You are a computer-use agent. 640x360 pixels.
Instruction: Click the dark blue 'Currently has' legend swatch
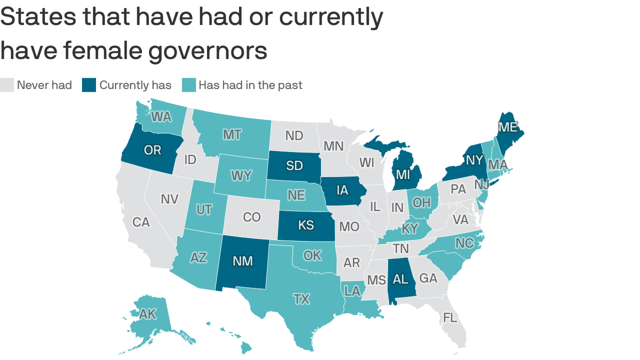click(x=89, y=85)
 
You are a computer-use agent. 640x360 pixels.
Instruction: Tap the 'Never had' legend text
click(x=44, y=85)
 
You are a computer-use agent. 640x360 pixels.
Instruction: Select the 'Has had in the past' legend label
click(x=250, y=85)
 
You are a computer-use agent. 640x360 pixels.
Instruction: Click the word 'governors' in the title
click(x=208, y=50)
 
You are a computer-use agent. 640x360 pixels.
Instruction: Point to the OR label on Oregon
click(x=152, y=150)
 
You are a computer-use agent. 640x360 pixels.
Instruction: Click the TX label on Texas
click(x=301, y=299)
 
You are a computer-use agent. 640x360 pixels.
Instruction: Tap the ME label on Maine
click(x=508, y=127)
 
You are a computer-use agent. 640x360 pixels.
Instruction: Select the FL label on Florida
click(x=450, y=317)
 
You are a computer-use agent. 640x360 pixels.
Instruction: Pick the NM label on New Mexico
click(x=243, y=261)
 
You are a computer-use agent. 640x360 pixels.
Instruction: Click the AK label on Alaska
click(x=148, y=314)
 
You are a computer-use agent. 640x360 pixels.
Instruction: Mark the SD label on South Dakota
click(x=294, y=165)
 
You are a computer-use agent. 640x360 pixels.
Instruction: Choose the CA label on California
click(x=141, y=222)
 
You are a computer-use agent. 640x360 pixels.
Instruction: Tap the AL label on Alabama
click(x=401, y=279)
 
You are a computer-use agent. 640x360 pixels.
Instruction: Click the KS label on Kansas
click(x=306, y=225)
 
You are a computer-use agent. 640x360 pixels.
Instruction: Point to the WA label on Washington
click(x=161, y=117)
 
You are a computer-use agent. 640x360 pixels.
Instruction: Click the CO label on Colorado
click(x=252, y=217)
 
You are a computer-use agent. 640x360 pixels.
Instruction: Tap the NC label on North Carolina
click(x=464, y=243)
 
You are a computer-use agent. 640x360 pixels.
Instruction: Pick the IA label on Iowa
click(x=342, y=190)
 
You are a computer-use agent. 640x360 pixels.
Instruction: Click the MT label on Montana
click(x=231, y=135)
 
